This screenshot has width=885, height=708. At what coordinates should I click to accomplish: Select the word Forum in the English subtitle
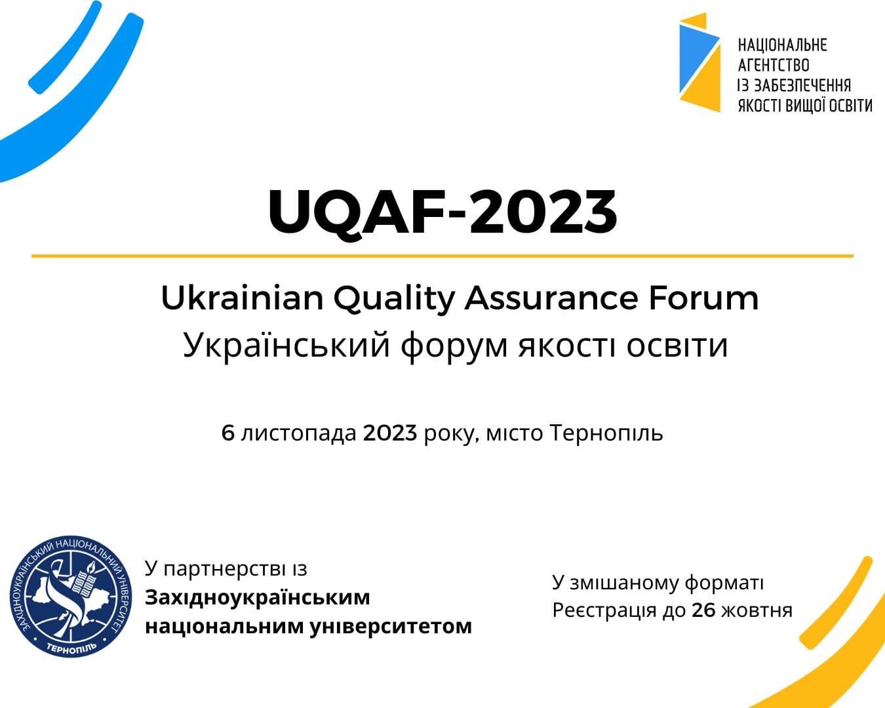[x=703, y=298]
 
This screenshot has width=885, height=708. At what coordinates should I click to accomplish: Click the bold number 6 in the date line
[x=228, y=433]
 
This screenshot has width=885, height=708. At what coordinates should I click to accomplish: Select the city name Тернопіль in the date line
[x=606, y=433]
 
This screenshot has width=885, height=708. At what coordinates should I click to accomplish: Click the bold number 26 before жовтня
[x=703, y=610]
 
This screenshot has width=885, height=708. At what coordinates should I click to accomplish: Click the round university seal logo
[x=71, y=597]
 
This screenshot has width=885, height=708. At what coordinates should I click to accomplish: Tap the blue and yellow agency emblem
[x=699, y=62]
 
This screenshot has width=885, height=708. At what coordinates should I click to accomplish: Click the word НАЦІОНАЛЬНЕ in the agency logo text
[x=782, y=45]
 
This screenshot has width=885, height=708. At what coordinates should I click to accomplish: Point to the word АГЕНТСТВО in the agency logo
[x=774, y=66]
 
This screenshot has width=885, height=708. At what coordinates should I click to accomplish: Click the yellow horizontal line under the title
[x=442, y=256]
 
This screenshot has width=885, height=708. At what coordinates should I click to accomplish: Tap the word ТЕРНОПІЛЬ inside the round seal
[x=71, y=647]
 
